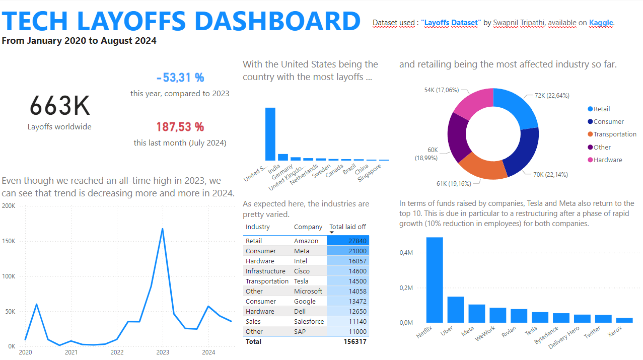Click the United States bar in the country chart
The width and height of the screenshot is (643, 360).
coord(270,134)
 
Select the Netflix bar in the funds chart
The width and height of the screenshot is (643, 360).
coord(435,280)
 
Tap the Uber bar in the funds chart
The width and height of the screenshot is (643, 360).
coord(456,310)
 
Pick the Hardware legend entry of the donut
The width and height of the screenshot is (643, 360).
coord(608,160)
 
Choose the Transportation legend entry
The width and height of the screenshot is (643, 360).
coord(615,134)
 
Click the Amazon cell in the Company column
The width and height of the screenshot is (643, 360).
coord(306,241)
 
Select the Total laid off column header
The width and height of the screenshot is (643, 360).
coord(347,227)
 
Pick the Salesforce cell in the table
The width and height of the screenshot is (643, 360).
coord(309,321)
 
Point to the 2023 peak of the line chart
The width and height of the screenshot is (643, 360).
coord(162,229)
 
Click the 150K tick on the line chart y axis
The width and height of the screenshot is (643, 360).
coord(9,241)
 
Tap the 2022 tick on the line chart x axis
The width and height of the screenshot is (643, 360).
coord(117,352)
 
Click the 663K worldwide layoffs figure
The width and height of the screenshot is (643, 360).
coord(59,106)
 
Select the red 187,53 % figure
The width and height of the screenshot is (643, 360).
coord(180,127)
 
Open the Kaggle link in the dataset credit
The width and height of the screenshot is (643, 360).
coord(601,23)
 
